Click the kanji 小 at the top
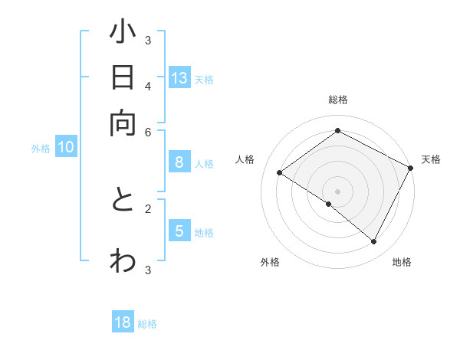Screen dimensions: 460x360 pyautogui.click(x=123, y=34)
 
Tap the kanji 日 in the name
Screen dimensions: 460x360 pyautogui.click(x=123, y=77)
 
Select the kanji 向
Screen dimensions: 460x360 pyautogui.click(x=123, y=122)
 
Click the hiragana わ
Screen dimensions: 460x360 pyautogui.click(x=123, y=260)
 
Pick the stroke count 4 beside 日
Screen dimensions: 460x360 pyautogui.click(x=148, y=85)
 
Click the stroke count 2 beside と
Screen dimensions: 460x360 pyautogui.click(x=148, y=208)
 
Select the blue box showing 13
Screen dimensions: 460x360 pyautogui.click(x=179, y=78)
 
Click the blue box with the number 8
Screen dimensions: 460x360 pyautogui.click(x=179, y=162)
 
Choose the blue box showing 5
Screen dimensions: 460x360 pyautogui.click(x=179, y=231)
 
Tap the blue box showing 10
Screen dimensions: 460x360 pyautogui.click(x=66, y=148)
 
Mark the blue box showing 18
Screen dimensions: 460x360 pyautogui.click(x=123, y=322)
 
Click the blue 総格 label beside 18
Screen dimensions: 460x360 pyautogui.click(x=147, y=324)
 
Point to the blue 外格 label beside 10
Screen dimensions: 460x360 pyautogui.click(x=41, y=149)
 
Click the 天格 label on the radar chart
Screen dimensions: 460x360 pyautogui.click(x=431, y=159)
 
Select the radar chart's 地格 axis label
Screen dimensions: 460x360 pyautogui.click(x=402, y=262)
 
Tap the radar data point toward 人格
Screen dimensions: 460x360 pyautogui.click(x=280, y=173)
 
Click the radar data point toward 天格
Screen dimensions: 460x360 pyautogui.click(x=410, y=168)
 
